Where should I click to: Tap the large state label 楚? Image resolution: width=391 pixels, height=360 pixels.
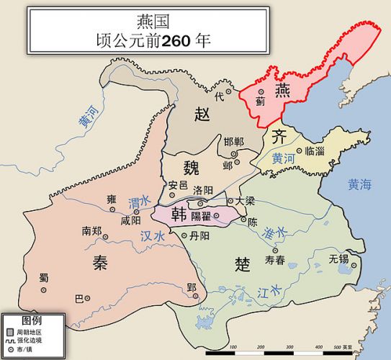(243, 264)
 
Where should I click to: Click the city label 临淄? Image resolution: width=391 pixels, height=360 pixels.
(315, 151)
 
